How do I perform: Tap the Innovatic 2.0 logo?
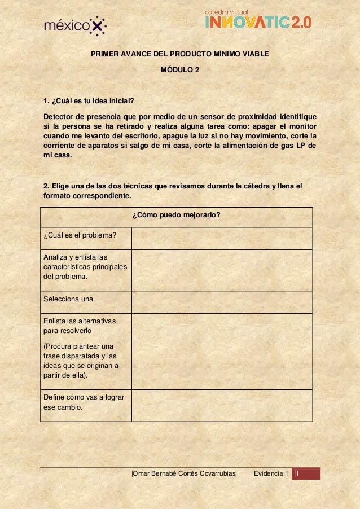pos(257,20)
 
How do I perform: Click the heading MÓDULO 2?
pos(180,71)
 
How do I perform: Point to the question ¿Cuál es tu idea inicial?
pos(89,102)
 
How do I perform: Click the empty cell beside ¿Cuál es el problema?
pos(221,238)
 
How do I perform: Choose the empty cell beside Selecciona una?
pos(221,302)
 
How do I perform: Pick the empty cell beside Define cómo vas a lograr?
pos(221,405)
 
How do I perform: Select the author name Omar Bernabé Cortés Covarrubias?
pos(183,473)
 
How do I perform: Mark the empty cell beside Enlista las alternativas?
pos(221,351)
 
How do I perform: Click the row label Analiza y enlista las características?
pos(85,267)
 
